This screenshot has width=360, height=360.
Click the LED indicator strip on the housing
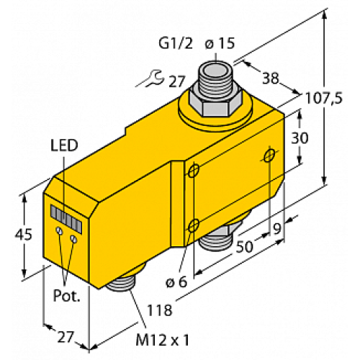66,215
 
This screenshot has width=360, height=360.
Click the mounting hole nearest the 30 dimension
269,156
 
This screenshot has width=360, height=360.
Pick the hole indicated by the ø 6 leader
194,227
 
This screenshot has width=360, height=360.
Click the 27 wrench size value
176,81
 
